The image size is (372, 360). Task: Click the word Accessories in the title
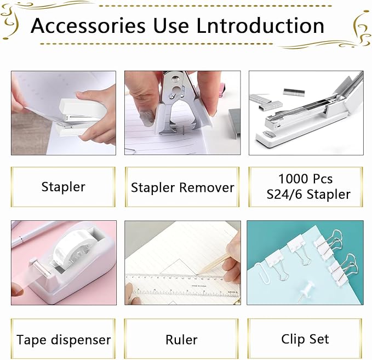88,26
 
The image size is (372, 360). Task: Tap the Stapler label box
64,187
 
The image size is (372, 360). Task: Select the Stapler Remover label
182,187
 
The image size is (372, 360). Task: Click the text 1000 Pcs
305,179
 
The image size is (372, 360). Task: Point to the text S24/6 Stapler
306,195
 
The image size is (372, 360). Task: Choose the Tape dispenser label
64,340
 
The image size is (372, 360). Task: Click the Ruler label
181,340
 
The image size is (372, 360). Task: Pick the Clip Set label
305,339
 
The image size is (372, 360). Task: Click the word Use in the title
167,26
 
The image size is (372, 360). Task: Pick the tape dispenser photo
64,262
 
